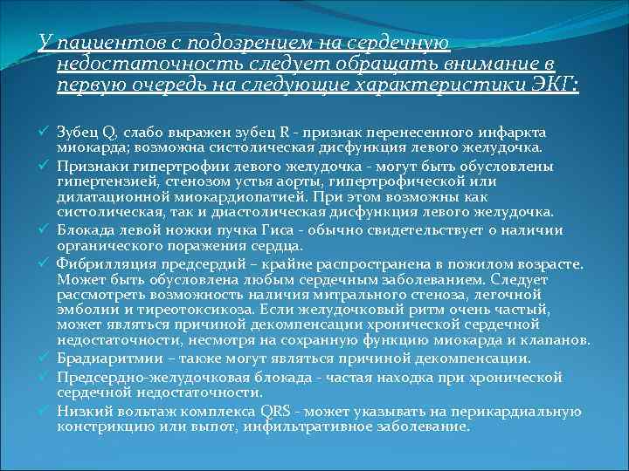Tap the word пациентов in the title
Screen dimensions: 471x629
click(97, 43)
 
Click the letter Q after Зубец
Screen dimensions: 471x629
click(108, 133)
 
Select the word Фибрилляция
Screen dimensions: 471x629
click(97, 263)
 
